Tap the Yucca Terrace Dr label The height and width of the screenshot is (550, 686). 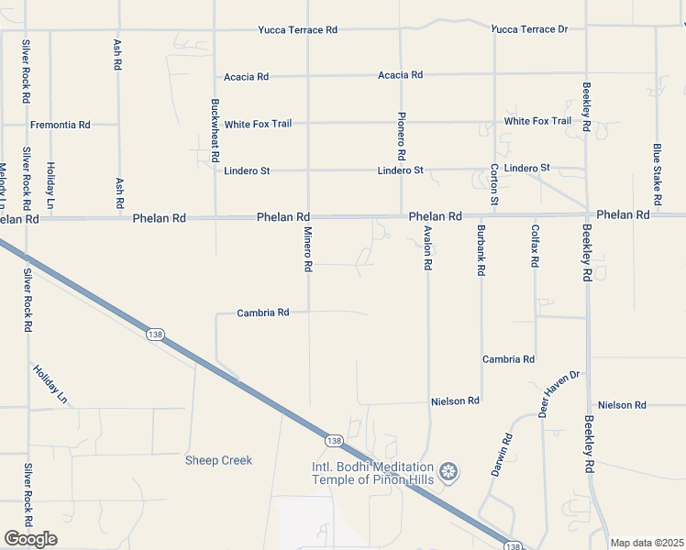click(529, 29)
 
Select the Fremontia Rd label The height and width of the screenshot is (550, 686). click(61, 125)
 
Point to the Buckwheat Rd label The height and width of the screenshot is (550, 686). click(216, 126)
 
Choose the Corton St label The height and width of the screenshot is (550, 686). click(494, 183)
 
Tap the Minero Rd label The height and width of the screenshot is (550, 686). click(309, 249)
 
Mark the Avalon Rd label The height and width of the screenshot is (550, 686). click(427, 247)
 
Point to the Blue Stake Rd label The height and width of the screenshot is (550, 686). click(657, 174)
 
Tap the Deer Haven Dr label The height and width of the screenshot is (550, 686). click(559, 394)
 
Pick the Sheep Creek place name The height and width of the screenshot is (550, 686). click(218, 460)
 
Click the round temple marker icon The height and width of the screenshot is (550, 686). click(448, 473)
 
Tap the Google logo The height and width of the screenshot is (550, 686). click(30, 539)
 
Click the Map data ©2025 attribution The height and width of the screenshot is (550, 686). click(647, 543)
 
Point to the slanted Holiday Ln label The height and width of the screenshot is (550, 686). click(50, 385)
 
